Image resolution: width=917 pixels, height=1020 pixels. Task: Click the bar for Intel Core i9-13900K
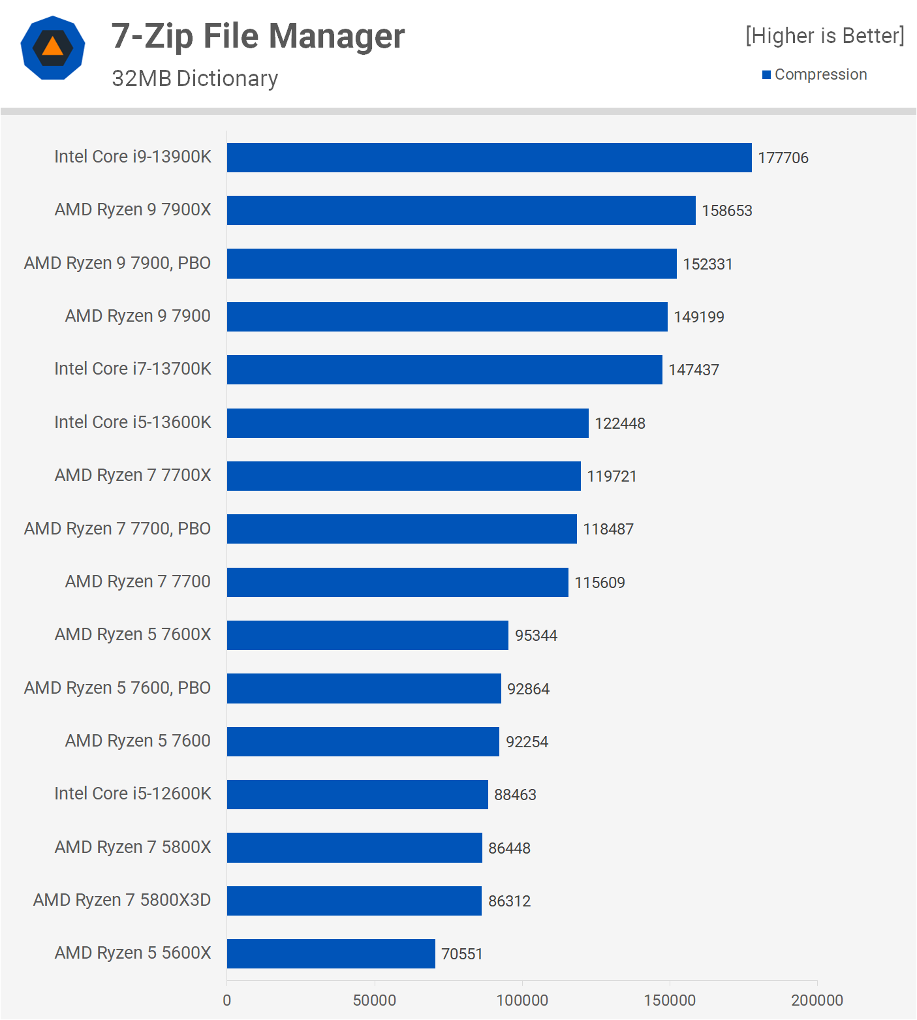(x=490, y=157)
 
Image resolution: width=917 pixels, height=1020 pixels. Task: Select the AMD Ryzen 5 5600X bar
(x=331, y=953)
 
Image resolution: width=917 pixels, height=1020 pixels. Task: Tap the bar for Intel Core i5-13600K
(x=408, y=423)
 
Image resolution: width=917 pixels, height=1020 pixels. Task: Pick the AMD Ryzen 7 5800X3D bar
(x=354, y=901)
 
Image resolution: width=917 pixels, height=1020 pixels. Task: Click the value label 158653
(x=727, y=211)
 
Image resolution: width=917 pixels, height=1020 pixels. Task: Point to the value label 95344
(x=536, y=636)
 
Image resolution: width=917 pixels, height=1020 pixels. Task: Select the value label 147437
(x=694, y=370)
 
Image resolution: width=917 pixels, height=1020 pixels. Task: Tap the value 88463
(x=515, y=795)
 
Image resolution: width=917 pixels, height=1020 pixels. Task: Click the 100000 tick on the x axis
(x=522, y=1000)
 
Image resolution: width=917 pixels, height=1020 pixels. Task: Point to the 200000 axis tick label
(x=817, y=1000)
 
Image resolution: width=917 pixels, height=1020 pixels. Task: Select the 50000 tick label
(x=375, y=1000)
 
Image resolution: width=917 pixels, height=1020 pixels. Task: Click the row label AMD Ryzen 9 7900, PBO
(x=117, y=263)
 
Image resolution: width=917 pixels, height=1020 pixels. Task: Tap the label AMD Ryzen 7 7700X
(x=133, y=475)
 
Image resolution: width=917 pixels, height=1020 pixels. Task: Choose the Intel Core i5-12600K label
(x=133, y=794)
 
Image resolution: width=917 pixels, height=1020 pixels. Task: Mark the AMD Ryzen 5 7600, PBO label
(x=117, y=688)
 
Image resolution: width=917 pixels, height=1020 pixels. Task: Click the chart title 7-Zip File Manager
(x=258, y=36)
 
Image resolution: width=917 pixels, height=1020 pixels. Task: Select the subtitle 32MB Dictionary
(x=194, y=78)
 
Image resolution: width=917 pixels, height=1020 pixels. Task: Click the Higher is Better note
(x=825, y=35)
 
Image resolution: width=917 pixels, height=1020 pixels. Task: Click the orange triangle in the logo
(x=53, y=47)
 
